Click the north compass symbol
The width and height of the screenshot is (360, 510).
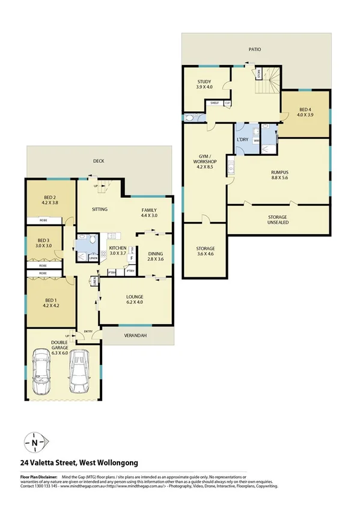pyautogui.click(x=37, y=444)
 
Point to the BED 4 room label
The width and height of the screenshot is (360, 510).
pyautogui.click(x=305, y=110)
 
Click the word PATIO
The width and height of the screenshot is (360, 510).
pyautogui.click(x=256, y=49)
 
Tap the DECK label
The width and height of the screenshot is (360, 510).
pyautogui.click(x=100, y=161)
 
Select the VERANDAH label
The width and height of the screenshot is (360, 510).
pyautogui.click(x=137, y=335)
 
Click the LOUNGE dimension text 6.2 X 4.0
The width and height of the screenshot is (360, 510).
pyautogui.click(x=135, y=303)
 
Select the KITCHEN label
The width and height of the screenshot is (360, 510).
pyautogui.click(x=117, y=248)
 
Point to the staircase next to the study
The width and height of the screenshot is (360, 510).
pyautogui.click(x=267, y=81)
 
